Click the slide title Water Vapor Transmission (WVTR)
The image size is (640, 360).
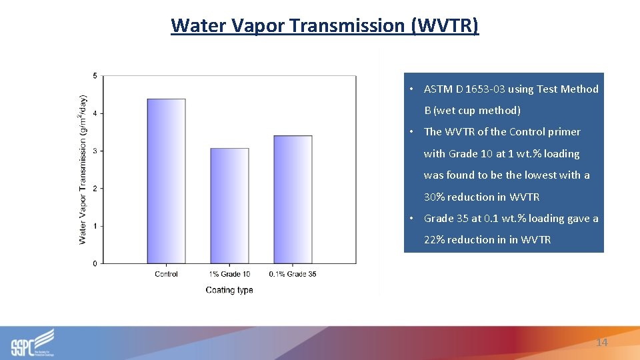pyautogui.click(x=325, y=25)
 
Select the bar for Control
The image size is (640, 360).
pyautogui.click(x=166, y=181)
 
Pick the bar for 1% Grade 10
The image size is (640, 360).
pyautogui.click(x=229, y=206)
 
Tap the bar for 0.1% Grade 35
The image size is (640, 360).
pyautogui.click(x=293, y=199)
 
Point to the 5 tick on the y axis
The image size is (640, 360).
pyautogui.click(x=95, y=76)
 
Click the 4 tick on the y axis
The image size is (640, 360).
pyautogui.click(x=95, y=113)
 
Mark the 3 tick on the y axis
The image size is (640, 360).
pyautogui.click(x=95, y=151)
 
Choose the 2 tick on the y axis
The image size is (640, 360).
pyautogui.click(x=95, y=189)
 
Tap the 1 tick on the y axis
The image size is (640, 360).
pyautogui.click(x=95, y=226)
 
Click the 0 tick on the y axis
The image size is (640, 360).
pyautogui.click(x=95, y=264)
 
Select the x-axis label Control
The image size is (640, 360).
pyautogui.click(x=166, y=274)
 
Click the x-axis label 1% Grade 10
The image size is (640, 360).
pyautogui.click(x=229, y=274)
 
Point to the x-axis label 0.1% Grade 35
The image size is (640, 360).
pyautogui.click(x=293, y=274)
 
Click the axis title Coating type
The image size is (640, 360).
pyautogui.click(x=229, y=290)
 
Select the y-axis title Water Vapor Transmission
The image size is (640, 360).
pyautogui.click(x=83, y=169)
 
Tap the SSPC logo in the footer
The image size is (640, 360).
pyautogui.click(x=32, y=343)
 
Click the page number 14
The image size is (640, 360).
pyautogui.click(x=601, y=342)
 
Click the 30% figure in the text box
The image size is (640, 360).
pyautogui.click(x=434, y=197)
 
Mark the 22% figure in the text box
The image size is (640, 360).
pyautogui.click(x=434, y=240)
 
